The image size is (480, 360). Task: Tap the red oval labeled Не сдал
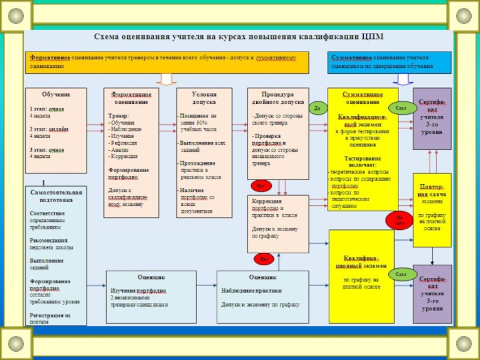400,220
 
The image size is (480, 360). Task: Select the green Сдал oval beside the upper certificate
401,108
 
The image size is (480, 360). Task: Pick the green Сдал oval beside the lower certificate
401,274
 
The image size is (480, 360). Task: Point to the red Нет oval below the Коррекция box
262,259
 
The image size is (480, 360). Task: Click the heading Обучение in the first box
56,95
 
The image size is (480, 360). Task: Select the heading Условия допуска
204,98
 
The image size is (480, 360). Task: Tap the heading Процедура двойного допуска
278,98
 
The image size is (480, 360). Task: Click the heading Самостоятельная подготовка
56,196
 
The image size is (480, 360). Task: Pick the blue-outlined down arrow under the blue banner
403,79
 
